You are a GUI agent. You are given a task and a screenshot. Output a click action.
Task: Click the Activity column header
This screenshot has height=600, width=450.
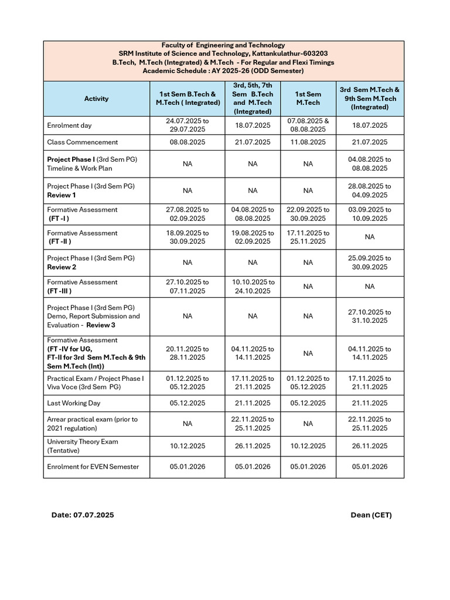(x=96, y=98)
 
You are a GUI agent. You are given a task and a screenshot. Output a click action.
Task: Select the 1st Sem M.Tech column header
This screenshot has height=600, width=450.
(x=308, y=98)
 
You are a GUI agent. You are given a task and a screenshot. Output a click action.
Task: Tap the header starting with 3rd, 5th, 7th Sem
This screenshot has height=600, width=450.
(x=253, y=98)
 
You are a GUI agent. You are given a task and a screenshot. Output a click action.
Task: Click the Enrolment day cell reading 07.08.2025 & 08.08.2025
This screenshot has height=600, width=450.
(x=308, y=125)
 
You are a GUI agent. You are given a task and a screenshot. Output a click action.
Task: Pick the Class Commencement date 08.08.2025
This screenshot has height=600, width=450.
(x=187, y=142)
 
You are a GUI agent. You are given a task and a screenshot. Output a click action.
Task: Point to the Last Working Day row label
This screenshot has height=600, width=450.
(x=74, y=403)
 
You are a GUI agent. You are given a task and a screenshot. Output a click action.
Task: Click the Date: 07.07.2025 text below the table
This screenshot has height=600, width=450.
(x=83, y=515)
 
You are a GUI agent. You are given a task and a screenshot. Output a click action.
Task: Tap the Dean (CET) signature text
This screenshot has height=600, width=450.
(x=371, y=515)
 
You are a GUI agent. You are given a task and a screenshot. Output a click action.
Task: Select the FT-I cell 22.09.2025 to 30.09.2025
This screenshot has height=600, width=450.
(x=308, y=214)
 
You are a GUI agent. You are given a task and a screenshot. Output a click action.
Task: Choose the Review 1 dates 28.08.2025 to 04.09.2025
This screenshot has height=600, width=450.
(x=370, y=190)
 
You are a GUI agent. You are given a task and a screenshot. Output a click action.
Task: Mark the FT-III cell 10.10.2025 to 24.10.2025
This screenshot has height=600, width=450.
(x=253, y=287)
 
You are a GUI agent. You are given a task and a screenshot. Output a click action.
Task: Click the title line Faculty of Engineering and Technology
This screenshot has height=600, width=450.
(x=223, y=45)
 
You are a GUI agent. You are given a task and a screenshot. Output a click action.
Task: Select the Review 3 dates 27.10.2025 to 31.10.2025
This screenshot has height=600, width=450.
(x=370, y=316)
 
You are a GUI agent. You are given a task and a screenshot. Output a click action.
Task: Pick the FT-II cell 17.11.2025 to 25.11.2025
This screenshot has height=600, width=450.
(x=308, y=237)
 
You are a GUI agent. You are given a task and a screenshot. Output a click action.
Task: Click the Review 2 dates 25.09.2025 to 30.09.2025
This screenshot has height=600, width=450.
(x=370, y=262)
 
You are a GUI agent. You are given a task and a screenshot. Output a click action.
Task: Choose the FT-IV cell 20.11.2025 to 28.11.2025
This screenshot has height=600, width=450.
(x=187, y=353)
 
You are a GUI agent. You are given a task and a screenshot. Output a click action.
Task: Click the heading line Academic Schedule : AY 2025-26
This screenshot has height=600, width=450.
(x=223, y=70)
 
